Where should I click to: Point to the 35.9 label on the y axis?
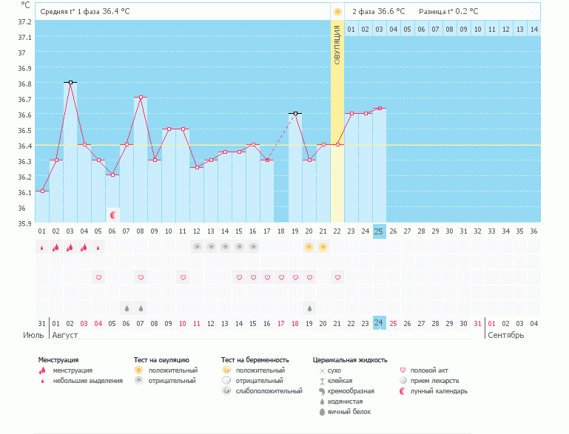pos(24,223)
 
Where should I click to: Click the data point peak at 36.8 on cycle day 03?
pos(70,82)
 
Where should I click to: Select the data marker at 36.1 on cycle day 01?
pos(42,191)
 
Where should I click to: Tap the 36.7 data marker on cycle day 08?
pos(141,98)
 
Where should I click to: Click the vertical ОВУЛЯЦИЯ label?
pos(337,44)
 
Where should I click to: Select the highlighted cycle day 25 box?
pos(379,231)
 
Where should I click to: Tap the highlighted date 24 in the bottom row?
pos(379,323)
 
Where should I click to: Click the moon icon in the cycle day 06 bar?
pos(113,214)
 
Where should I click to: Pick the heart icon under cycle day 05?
pos(98,277)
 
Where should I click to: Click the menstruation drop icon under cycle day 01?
pos(42,248)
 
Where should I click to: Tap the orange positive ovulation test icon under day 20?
pos(309,247)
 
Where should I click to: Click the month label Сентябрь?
pos(505,335)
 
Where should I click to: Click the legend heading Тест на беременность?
pos(255,359)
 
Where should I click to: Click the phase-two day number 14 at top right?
pos(533,30)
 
